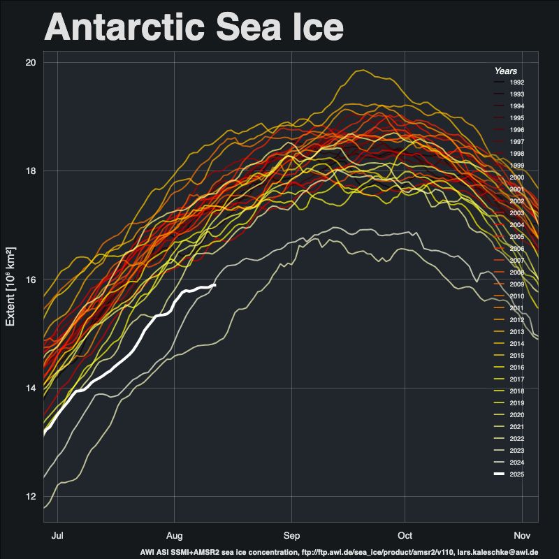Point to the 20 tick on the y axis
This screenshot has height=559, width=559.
coord(31,63)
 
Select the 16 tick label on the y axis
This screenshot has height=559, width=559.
coord(31,279)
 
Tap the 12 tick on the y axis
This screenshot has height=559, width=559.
coord(31,497)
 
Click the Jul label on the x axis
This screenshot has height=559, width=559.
coord(58,536)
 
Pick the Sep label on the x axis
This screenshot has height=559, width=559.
coord(291,536)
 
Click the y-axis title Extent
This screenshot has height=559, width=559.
coord(11,286)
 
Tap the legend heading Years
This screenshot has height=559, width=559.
coord(505,71)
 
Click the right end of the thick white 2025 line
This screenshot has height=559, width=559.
coord(215,285)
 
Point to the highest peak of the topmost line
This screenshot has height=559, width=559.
coord(361,69)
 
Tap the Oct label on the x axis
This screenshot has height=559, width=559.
coord(405,536)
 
